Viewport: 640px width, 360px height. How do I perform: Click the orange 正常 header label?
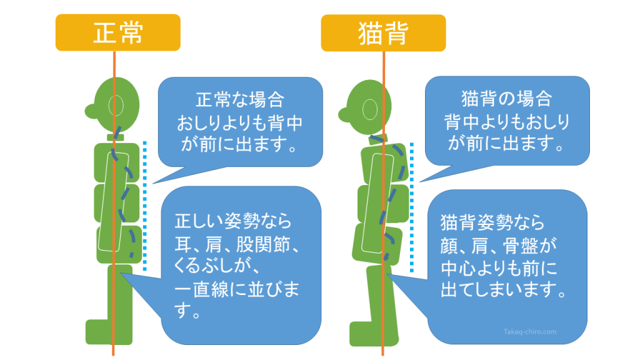coord(118,32)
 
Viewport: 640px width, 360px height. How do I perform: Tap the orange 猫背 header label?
coord(383,33)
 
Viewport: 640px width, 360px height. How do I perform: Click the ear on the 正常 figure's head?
coord(116,105)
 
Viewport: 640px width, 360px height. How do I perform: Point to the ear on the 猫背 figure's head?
coord(370,109)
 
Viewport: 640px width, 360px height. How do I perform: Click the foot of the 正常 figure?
coord(109,332)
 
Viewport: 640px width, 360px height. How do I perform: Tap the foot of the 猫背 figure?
coord(374,334)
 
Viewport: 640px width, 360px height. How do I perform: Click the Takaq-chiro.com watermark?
coord(530,331)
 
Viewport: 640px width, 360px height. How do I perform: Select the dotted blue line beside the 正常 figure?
coord(144,206)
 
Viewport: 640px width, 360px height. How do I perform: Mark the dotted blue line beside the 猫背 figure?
coord(411,207)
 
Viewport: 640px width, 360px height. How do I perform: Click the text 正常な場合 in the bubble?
coord(239,100)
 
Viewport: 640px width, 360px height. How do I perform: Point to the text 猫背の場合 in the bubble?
coord(506,99)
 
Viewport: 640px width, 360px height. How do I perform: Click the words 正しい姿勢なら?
coord(233,221)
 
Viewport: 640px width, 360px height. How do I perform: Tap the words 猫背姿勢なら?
coord(492,223)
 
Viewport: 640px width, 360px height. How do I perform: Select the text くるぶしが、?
coord(217,266)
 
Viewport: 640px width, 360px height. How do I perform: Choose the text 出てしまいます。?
coord(504,289)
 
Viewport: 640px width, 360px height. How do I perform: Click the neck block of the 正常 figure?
coord(116,137)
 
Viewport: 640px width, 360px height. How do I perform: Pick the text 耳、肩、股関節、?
coord(237,244)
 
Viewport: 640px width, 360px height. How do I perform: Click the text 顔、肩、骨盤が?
coord(498,246)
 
